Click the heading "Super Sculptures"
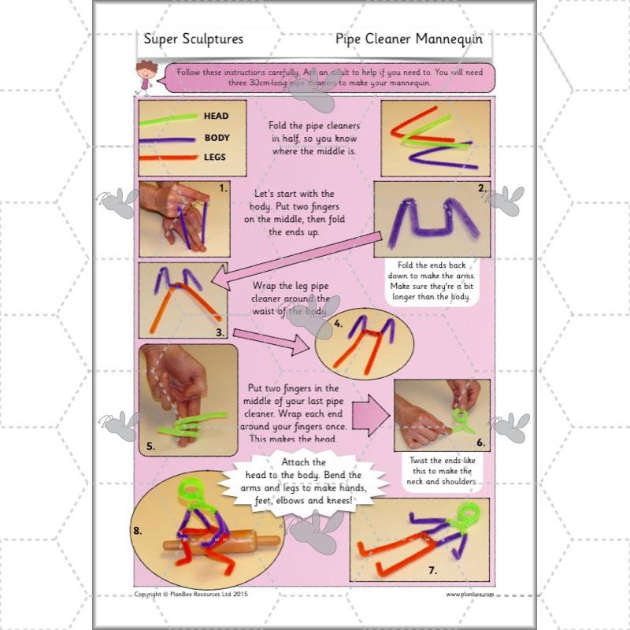[193, 39]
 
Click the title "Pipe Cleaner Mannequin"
[408, 39]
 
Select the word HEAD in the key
[216, 117]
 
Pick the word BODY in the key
[217, 137]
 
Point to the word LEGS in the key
[215, 157]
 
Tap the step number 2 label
[481, 188]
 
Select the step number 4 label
[338, 324]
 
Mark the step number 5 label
[150, 445]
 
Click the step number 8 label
[139, 530]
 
